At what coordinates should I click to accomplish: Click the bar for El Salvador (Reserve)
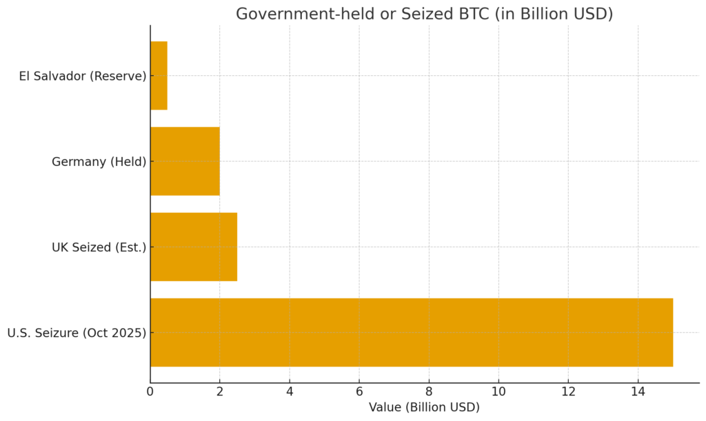[x=159, y=75]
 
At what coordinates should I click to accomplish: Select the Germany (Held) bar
[x=185, y=161]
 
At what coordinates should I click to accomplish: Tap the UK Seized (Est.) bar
[x=194, y=247]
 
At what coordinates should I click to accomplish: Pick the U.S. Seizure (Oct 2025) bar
[x=411, y=332]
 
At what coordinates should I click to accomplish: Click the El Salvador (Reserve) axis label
[x=83, y=76]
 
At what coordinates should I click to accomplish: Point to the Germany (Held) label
[x=99, y=162]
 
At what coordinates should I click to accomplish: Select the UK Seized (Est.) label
[x=99, y=247]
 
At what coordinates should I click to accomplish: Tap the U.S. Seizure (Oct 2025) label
[x=77, y=333]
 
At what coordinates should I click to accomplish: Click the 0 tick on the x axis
[x=150, y=393]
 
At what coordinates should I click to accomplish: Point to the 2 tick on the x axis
[x=220, y=393]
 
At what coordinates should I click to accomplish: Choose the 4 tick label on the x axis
[x=290, y=393]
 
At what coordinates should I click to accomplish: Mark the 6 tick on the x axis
[x=359, y=393]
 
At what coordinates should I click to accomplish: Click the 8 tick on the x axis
[x=429, y=393]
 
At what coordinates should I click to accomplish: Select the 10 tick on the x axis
[x=498, y=393]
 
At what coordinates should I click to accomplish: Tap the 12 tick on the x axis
[x=568, y=393]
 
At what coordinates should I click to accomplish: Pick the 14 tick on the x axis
[x=638, y=393]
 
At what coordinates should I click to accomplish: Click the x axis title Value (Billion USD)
[x=424, y=407]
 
